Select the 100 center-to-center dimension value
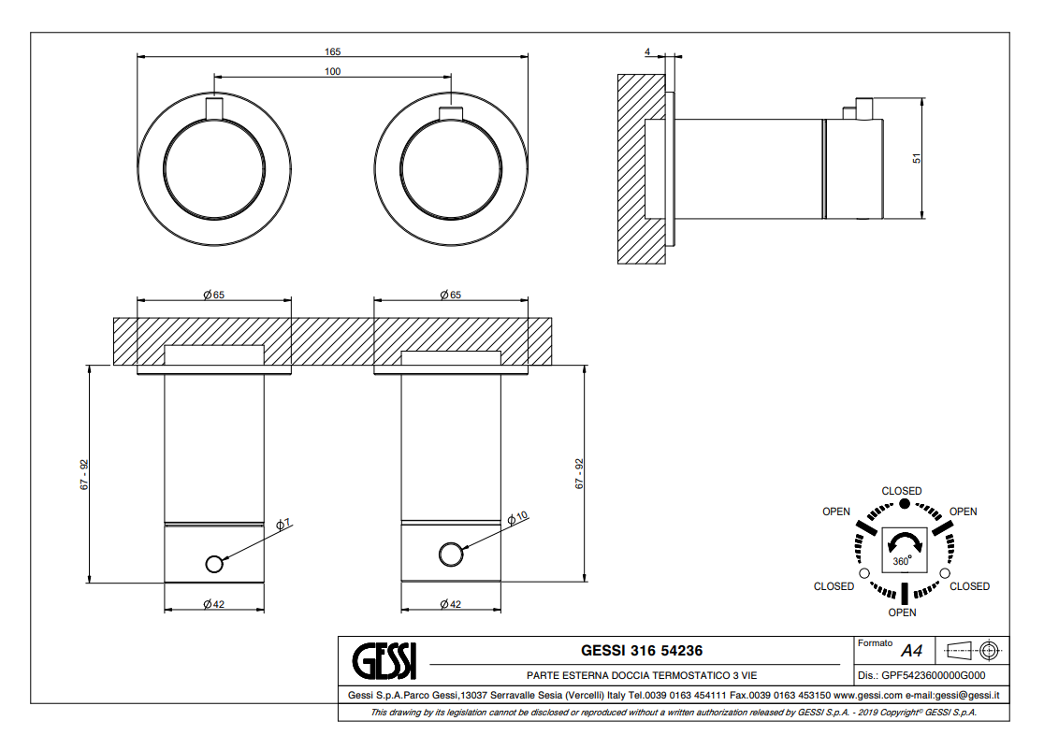point(332,71)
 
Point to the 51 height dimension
point(918,159)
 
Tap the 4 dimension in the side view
point(647,53)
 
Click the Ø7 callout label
point(283,524)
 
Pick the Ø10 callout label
point(518,517)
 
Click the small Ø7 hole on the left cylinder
point(214,563)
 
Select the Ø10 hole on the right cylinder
point(451,555)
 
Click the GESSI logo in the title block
point(384,661)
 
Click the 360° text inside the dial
point(902,561)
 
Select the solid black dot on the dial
point(904,504)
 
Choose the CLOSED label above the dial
point(902,491)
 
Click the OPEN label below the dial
point(902,612)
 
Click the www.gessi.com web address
point(854,695)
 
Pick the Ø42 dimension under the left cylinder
point(214,604)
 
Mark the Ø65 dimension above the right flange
point(450,295)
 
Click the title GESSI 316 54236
point(642,650)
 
